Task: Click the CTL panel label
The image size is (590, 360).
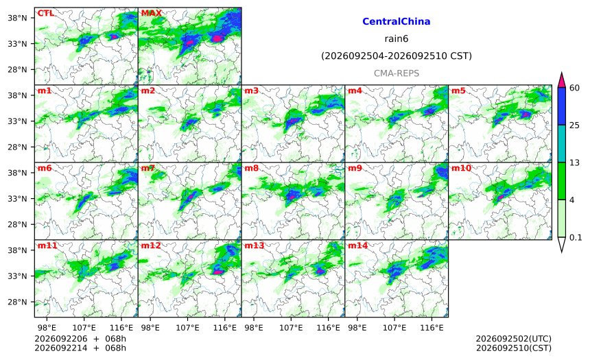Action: point(45,14)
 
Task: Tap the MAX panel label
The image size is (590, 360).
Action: point(151,14)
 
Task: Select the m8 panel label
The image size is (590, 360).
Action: point(252,168)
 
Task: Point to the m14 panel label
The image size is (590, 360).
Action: point(358,245)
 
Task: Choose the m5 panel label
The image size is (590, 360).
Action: point(459,91)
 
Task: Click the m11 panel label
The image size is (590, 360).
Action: point(47,245)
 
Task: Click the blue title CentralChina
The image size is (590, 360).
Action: point(397,21)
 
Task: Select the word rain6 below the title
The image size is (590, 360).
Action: point(397,39)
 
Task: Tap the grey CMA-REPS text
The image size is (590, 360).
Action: point(397,73)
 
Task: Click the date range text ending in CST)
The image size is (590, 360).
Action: point(397,56)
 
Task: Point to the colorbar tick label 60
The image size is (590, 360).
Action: point(574,88)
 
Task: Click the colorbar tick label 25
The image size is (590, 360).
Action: point(574,125)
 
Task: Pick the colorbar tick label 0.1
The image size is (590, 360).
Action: point(576,237)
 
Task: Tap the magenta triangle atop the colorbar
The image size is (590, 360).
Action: point(561,80)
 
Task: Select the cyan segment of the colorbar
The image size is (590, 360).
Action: point(561,144)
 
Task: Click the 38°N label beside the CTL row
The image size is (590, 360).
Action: point(17,18)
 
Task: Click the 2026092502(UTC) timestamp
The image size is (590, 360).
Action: point(514,339)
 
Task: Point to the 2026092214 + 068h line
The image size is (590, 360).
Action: point(80,348)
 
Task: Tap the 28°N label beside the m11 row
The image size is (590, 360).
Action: point(17,302)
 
